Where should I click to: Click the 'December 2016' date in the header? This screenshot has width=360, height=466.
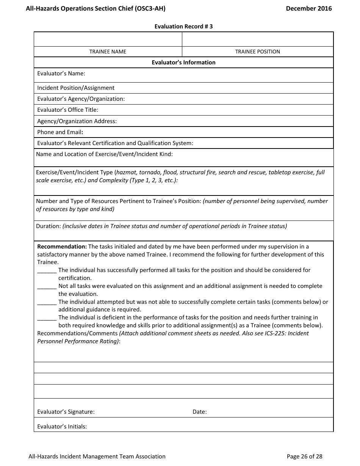308,8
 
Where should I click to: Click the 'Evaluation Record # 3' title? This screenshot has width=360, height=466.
183,27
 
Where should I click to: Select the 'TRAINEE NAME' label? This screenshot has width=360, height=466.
108,52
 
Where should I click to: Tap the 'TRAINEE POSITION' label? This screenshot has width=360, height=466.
257,52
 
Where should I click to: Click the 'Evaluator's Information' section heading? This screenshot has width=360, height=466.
183,63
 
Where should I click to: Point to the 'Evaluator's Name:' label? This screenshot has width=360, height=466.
61,73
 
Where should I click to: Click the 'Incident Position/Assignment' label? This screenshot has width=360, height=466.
76,88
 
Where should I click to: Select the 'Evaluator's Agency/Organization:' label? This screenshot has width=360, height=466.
81,99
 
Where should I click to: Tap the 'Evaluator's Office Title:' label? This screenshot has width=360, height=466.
67,110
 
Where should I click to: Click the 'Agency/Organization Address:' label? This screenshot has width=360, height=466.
77,121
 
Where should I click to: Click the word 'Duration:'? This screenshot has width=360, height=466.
49,226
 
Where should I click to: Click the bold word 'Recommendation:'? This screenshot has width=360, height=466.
62,247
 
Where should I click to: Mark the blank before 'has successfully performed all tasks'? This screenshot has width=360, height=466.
47,271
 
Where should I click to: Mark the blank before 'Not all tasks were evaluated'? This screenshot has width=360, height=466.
47,287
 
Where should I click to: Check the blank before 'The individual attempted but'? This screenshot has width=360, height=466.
47,303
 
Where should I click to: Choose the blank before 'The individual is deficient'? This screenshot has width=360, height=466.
47,318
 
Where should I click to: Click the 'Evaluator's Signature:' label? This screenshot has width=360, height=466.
66,412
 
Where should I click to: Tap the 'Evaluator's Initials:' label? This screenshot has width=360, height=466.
62,427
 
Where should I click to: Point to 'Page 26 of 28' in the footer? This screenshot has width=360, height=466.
304,457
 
